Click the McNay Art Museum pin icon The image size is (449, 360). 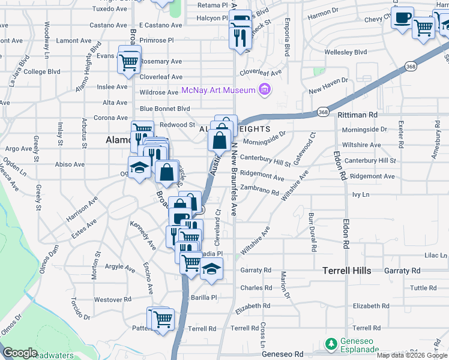264,91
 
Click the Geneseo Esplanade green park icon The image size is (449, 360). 330,344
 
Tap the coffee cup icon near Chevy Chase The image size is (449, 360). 403,17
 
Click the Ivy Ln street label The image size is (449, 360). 360,195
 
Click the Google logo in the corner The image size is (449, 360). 20,353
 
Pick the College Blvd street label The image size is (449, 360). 42,71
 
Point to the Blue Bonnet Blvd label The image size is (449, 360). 164,109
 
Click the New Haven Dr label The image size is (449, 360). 328,80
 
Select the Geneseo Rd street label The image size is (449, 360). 282,354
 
